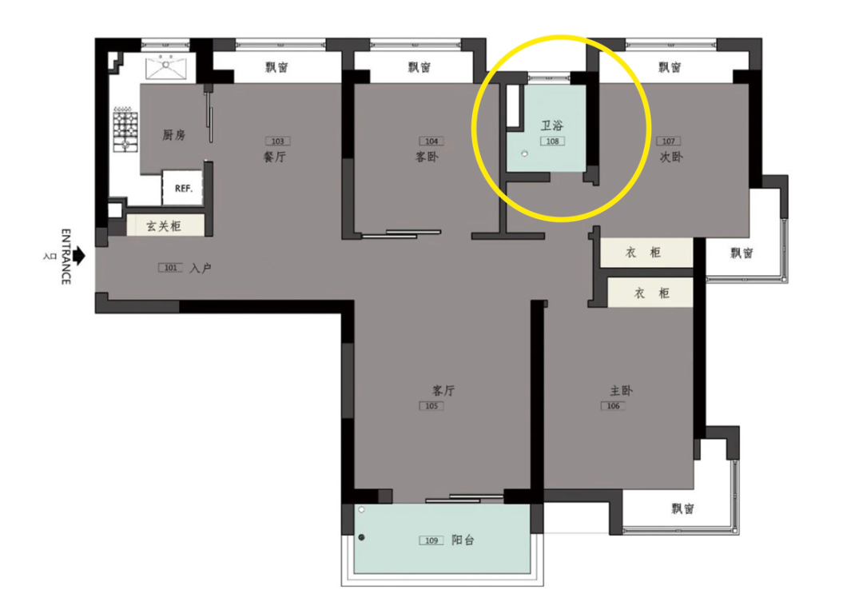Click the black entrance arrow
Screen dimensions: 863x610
pyautogui.click(x=80, y=256)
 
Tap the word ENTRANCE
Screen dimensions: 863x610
pyautogui.click(x=66, y=257)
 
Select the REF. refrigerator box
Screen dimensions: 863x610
pyautogui.click(x=182, y=188)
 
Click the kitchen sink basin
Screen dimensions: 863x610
pyautogui.click(x=166, y=67)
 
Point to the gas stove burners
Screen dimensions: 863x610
pyautogui.click(x=125, y=130)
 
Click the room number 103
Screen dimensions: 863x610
pyautogui.click(x=278, y=141)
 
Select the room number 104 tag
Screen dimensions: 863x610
pyautogui.click(x=431, y=141)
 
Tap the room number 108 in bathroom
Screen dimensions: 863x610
pyautogui.click(x=553, y=141)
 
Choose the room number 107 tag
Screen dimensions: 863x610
pyautogui.click(x=669, y=141)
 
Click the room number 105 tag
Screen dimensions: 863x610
pyautogui.click(x=431, y=406)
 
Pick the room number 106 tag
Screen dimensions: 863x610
pyautogui.click(x=613, y=406)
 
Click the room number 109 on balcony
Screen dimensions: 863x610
pyautogui.click(x=431, y=540)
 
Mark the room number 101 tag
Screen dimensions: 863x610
pyautogui.click(x=171, y=268)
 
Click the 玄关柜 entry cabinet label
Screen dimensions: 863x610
pyautogui.click(x=164, y=225)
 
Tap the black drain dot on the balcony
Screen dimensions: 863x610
pyautogui.click(x=362, y=537)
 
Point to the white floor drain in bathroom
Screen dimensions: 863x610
pyautogui.click(x=524, y=153)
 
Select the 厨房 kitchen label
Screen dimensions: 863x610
pyautogui.click(x=173, y=135)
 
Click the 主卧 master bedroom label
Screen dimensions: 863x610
pyautogui.click(x=622, y=390)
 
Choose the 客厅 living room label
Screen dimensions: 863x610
pyautogui.click(x=443, y=390)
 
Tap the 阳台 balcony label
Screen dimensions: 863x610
pyautogui.click(x=463, y=540)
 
